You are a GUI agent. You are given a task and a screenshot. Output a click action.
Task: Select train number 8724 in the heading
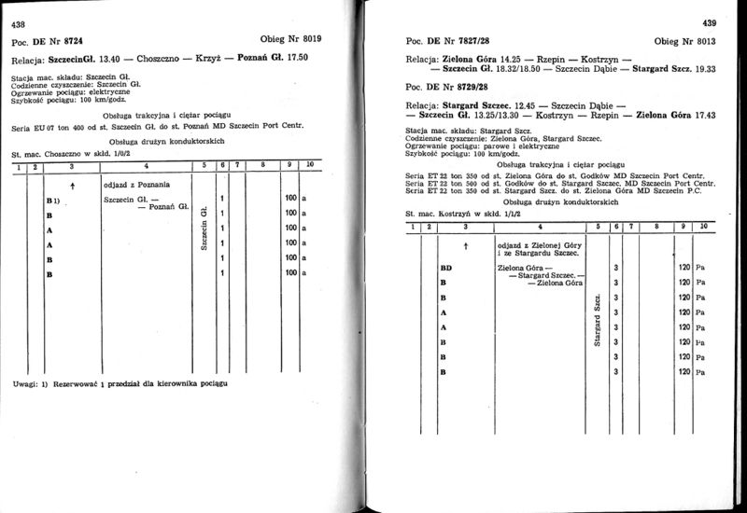click(77, 42)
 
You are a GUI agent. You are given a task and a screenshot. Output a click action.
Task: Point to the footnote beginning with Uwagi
click(120, 382)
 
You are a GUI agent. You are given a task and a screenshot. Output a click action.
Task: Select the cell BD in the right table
click(445, 268)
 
